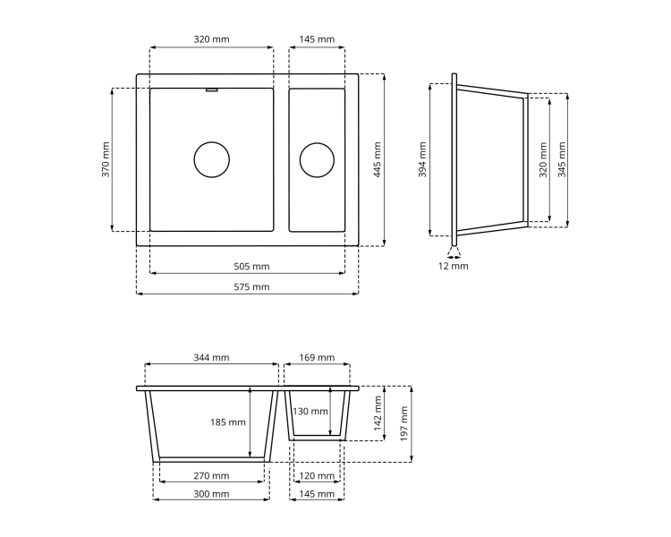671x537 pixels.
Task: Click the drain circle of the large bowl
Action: (212, 159)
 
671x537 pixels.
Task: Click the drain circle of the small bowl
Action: (317, 159)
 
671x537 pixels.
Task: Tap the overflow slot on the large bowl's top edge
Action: (212, 89)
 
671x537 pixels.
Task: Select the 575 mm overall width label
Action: (251, 287)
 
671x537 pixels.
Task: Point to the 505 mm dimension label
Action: (251, 267)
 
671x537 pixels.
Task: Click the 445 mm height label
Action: (377, 159)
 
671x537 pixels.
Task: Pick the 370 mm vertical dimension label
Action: (106, 159)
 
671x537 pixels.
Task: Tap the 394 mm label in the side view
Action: (423, 159)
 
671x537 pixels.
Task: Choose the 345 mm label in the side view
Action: (561, 159)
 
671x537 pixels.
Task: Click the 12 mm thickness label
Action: (454, 267)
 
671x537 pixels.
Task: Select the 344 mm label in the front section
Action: (211, 358)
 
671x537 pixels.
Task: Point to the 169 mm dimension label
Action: (317, 358)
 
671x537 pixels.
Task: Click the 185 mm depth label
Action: (228, 422)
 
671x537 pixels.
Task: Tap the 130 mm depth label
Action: (310, 412)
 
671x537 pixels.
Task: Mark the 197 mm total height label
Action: (403, 423)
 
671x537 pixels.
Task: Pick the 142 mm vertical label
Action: (378, 413)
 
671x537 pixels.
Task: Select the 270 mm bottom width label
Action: (211, 476)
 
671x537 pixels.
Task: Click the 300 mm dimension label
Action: (211, 494)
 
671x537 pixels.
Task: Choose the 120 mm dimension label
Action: (317, 476)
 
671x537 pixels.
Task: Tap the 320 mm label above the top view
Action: (211, 39)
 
